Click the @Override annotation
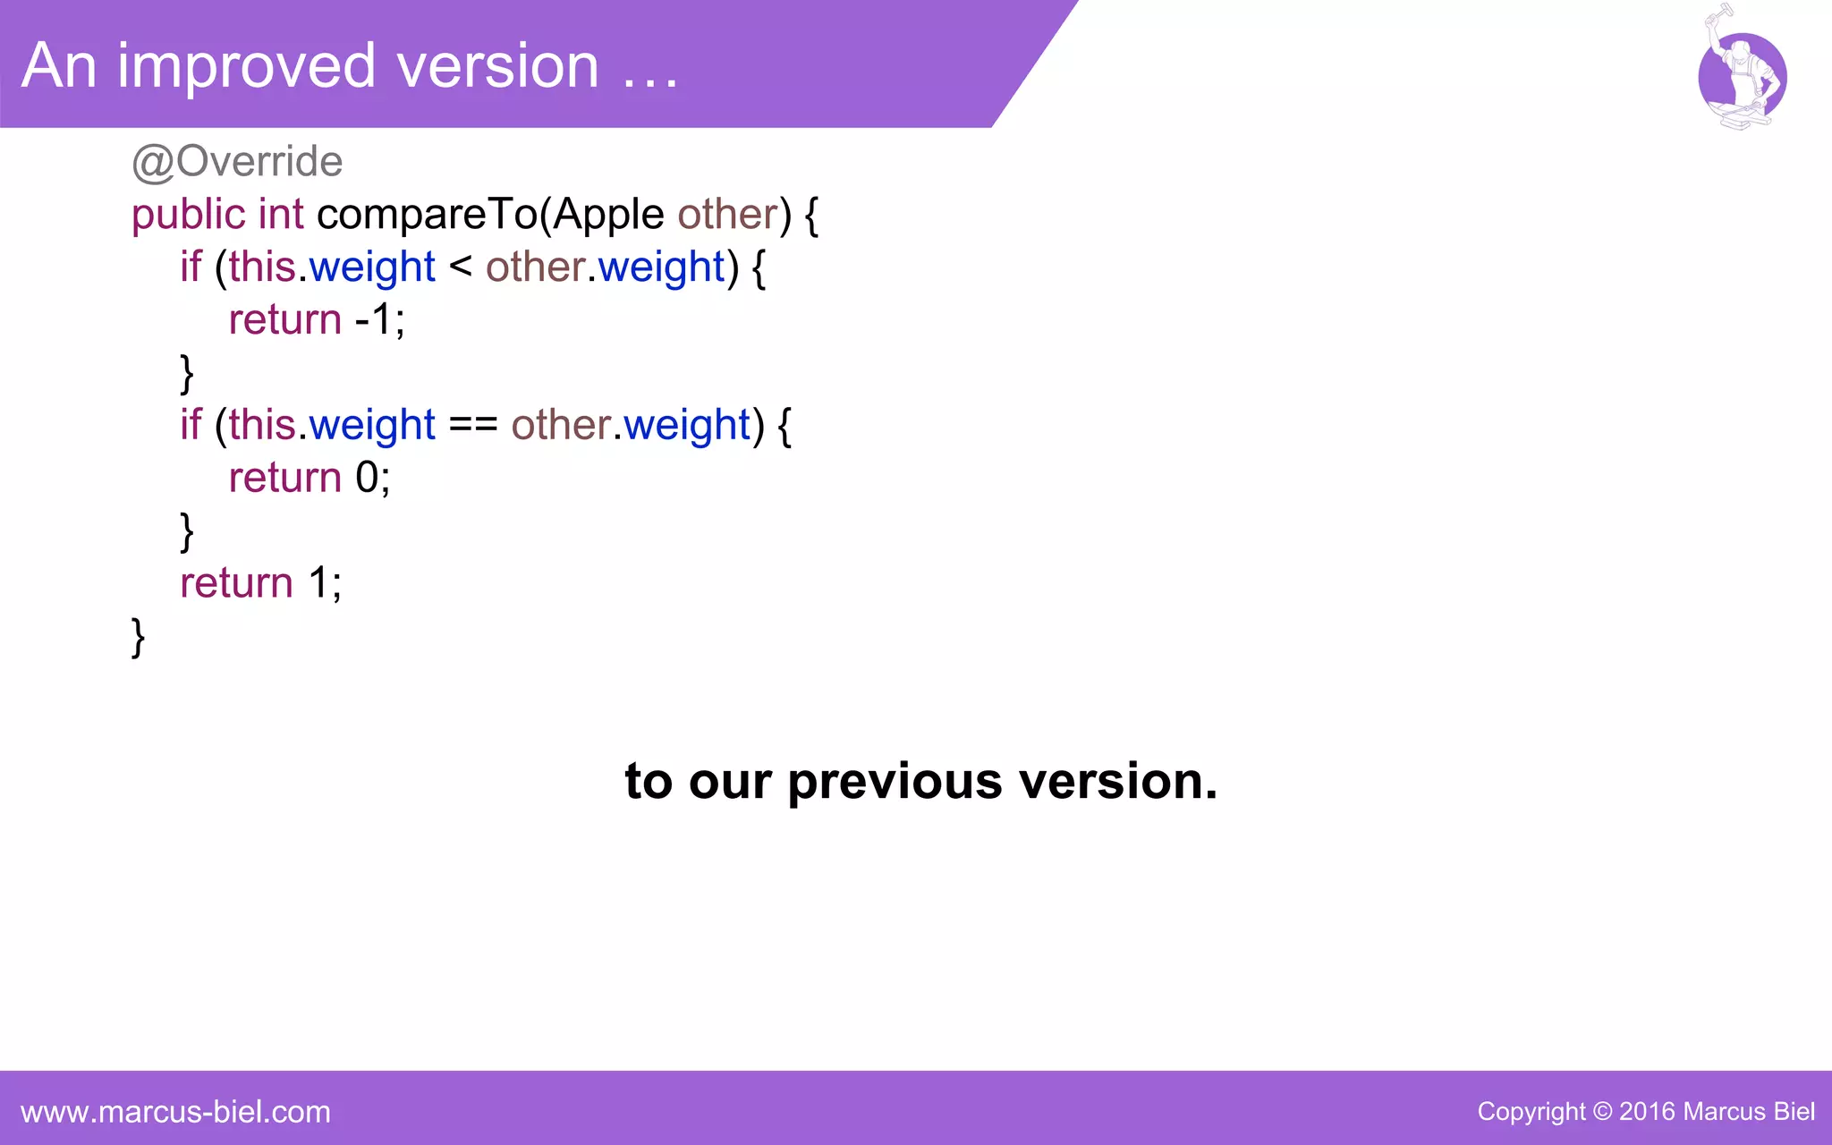point(237,162)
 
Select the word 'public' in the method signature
point(188,215)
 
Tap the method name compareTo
point(427,215)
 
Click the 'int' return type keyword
point(281,215)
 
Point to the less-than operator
point(460,267)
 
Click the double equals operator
point(472,425)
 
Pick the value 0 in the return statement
point(367,478)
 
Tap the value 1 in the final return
point(318,583)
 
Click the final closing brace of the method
point(138,637)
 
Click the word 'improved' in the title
point(246,66)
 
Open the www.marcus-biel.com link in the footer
point(175,1112)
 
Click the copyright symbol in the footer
point(1602,1112)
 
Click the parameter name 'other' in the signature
point(727,215)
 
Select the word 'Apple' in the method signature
point(608,215)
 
